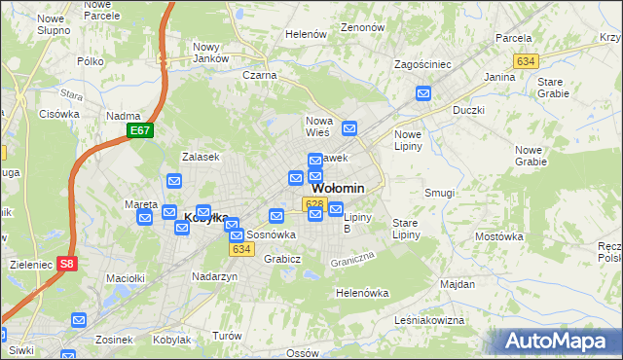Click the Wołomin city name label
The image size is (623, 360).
tap(338, 189)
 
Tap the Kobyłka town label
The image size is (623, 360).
tap(206, 219)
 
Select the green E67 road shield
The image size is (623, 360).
tap(140, 130)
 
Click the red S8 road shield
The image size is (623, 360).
tap(66, 263)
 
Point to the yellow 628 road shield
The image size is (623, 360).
tap(312, 203)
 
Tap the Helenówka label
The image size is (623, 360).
tap(362, 293)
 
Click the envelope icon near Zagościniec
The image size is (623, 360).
tap(423, 93)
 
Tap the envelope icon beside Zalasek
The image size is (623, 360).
tap(174, 180)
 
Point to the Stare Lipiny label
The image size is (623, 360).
tap(405, 230)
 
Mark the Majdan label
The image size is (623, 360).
tap(458, 285)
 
